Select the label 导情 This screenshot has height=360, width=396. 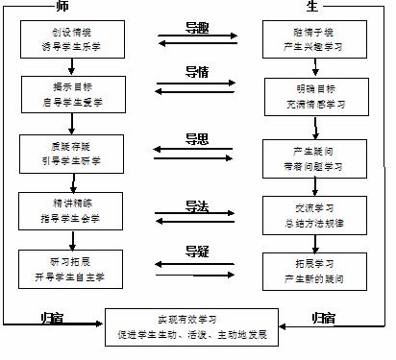coord(198,71)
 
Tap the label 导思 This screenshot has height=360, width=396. coord(198,137)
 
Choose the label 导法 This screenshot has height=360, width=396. coord(198,205)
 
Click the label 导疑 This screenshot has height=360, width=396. coord(198,252)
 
